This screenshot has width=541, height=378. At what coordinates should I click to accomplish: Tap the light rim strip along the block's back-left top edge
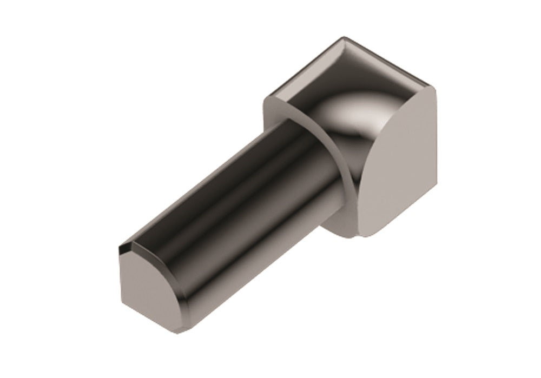pos(303,70)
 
